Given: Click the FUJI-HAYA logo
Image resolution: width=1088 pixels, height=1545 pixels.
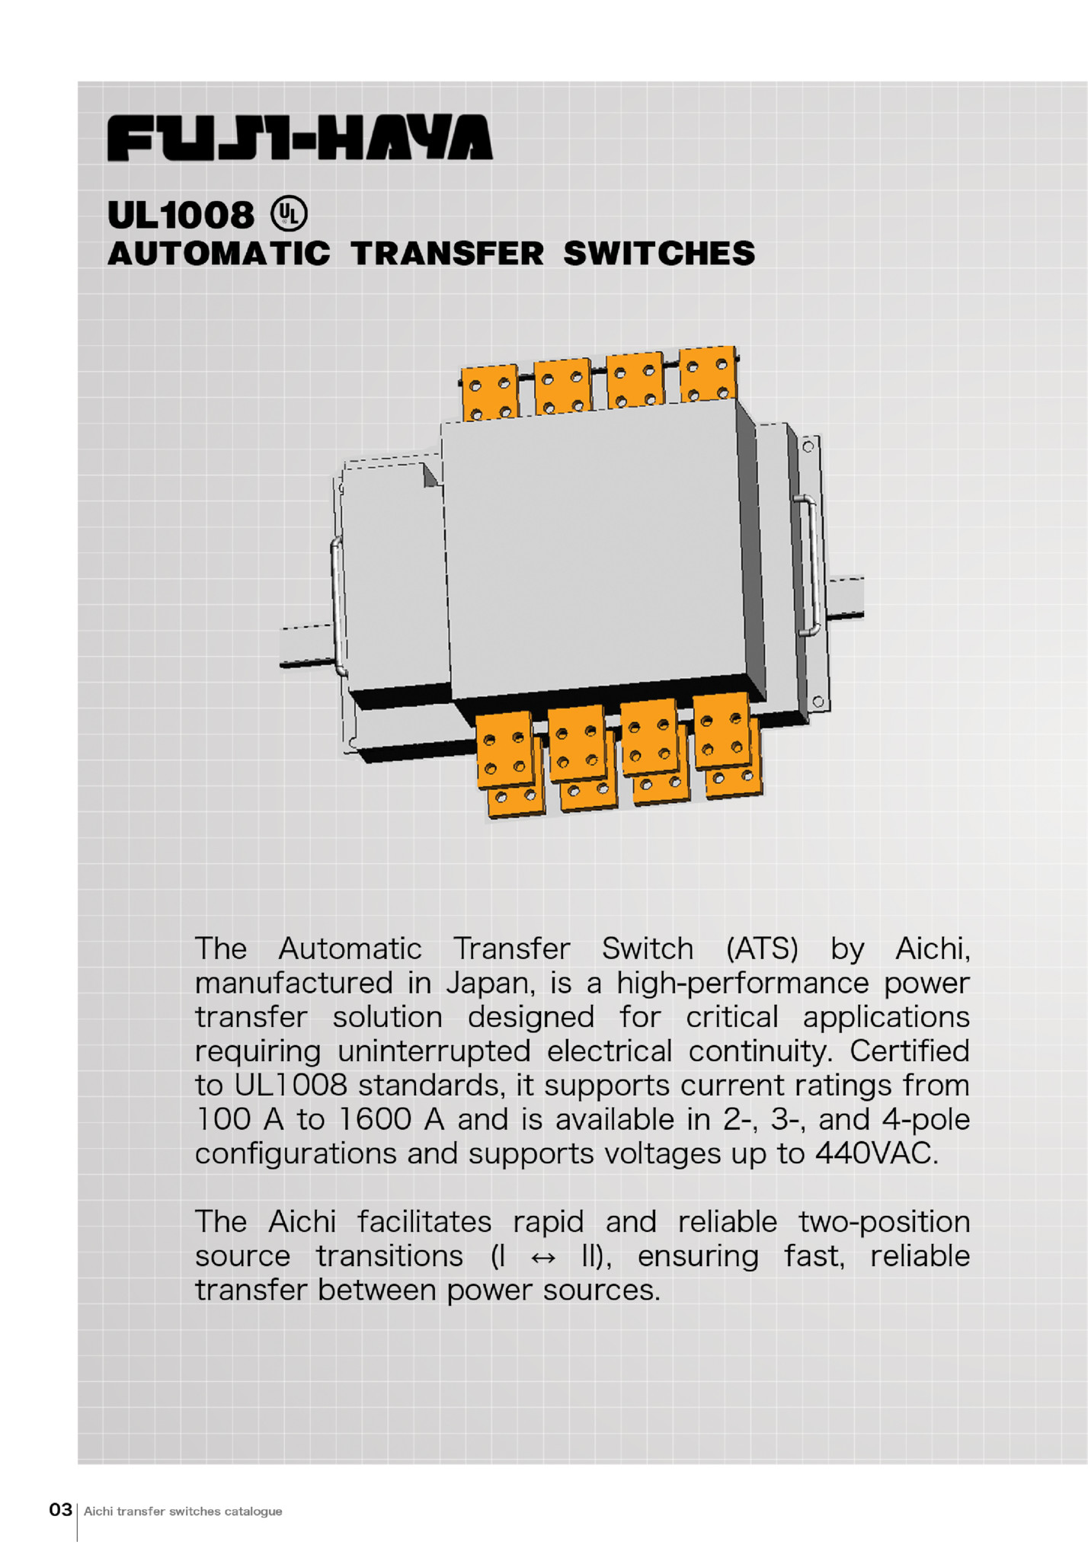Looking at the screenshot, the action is (x=299, y=138).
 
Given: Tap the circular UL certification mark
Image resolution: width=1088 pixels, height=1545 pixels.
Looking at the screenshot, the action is (x=290, y=214).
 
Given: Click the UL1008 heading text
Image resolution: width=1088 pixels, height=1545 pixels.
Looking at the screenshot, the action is (x=181, y=215).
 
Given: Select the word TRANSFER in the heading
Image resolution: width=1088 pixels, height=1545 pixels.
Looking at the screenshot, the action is (x=447, y=254).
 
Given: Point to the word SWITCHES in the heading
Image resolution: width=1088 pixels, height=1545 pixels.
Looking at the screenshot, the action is (x=659, y=254).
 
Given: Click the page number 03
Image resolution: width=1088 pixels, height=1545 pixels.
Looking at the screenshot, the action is (x=60, y=1509).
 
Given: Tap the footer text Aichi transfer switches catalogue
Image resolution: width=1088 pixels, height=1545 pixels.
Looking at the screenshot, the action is (x=183, y=1511).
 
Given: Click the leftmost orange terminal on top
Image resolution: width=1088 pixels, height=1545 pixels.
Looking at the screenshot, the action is (x=490, y=392).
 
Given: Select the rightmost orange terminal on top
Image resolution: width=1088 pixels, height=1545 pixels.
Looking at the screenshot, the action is (x=708, y=374).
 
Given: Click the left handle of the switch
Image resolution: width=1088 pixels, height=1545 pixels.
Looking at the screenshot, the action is (x=338, y=606).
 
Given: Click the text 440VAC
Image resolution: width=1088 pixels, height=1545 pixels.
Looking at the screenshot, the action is (x=876, y=1153).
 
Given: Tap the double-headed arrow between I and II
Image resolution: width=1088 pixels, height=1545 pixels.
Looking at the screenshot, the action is (x=542, y=1258).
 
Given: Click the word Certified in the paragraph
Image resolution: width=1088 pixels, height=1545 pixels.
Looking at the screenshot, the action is (x=910, y=1051).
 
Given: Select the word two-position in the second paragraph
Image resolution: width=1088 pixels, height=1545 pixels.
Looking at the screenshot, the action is (x=884, y=1223).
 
